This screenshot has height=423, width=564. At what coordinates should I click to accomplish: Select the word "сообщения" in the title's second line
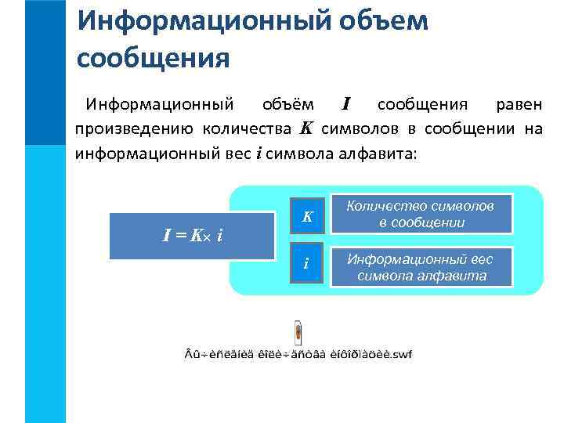(154, 58)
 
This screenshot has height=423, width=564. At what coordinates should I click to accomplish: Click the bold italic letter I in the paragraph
(346, 103)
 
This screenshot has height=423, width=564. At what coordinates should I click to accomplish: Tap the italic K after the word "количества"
(306, 128)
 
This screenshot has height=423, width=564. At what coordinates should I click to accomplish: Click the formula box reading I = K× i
(190, 235)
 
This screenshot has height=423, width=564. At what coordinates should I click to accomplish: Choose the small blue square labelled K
(309, 215)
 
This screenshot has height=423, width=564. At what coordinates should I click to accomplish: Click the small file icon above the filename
(298, 333)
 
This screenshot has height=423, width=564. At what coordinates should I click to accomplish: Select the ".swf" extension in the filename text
(400, 355)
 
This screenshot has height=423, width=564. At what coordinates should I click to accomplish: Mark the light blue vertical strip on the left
(45, 282)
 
